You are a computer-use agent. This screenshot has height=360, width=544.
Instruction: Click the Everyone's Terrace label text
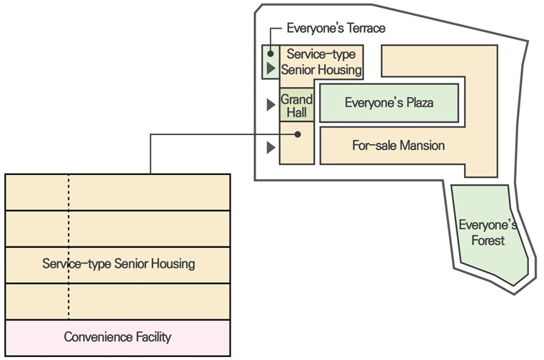click(x=336, y=29)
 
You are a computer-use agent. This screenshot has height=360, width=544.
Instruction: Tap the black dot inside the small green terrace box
click(x=271, y=54)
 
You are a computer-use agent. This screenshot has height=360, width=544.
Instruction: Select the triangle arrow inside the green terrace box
click(x=271, y=69)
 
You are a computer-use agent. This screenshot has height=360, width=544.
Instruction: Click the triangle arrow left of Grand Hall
click(x=271, y=105)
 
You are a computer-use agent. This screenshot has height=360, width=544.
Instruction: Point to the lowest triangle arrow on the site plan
click(x=271, y=148)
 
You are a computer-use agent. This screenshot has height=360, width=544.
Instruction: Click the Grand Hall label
click(x=296, y=106)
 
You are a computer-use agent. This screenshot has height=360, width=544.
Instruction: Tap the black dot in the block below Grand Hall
click(x=299, y=134)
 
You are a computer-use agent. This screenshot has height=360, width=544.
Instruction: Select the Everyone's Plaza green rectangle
click(x=388, y=103)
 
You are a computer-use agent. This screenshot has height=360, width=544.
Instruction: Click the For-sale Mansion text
click(x=398, y=146)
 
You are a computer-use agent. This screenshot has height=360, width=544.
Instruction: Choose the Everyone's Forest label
click(x=488, y=233)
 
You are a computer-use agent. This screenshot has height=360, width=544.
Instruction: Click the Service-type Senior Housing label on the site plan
click(x=321, y=62)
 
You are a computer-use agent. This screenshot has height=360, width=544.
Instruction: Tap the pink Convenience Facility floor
click(x=118, y=338)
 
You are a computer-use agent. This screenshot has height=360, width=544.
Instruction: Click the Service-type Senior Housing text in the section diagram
click(x=119, y=264)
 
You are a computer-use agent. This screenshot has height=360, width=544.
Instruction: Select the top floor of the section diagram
click(x=118, y=192)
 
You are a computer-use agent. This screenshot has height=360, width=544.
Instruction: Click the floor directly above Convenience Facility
click(x=118, y=301)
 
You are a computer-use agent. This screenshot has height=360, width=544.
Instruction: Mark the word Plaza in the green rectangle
click(x=419, y=103)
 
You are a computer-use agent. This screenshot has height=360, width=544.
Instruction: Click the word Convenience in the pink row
click(x=95, y=337)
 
